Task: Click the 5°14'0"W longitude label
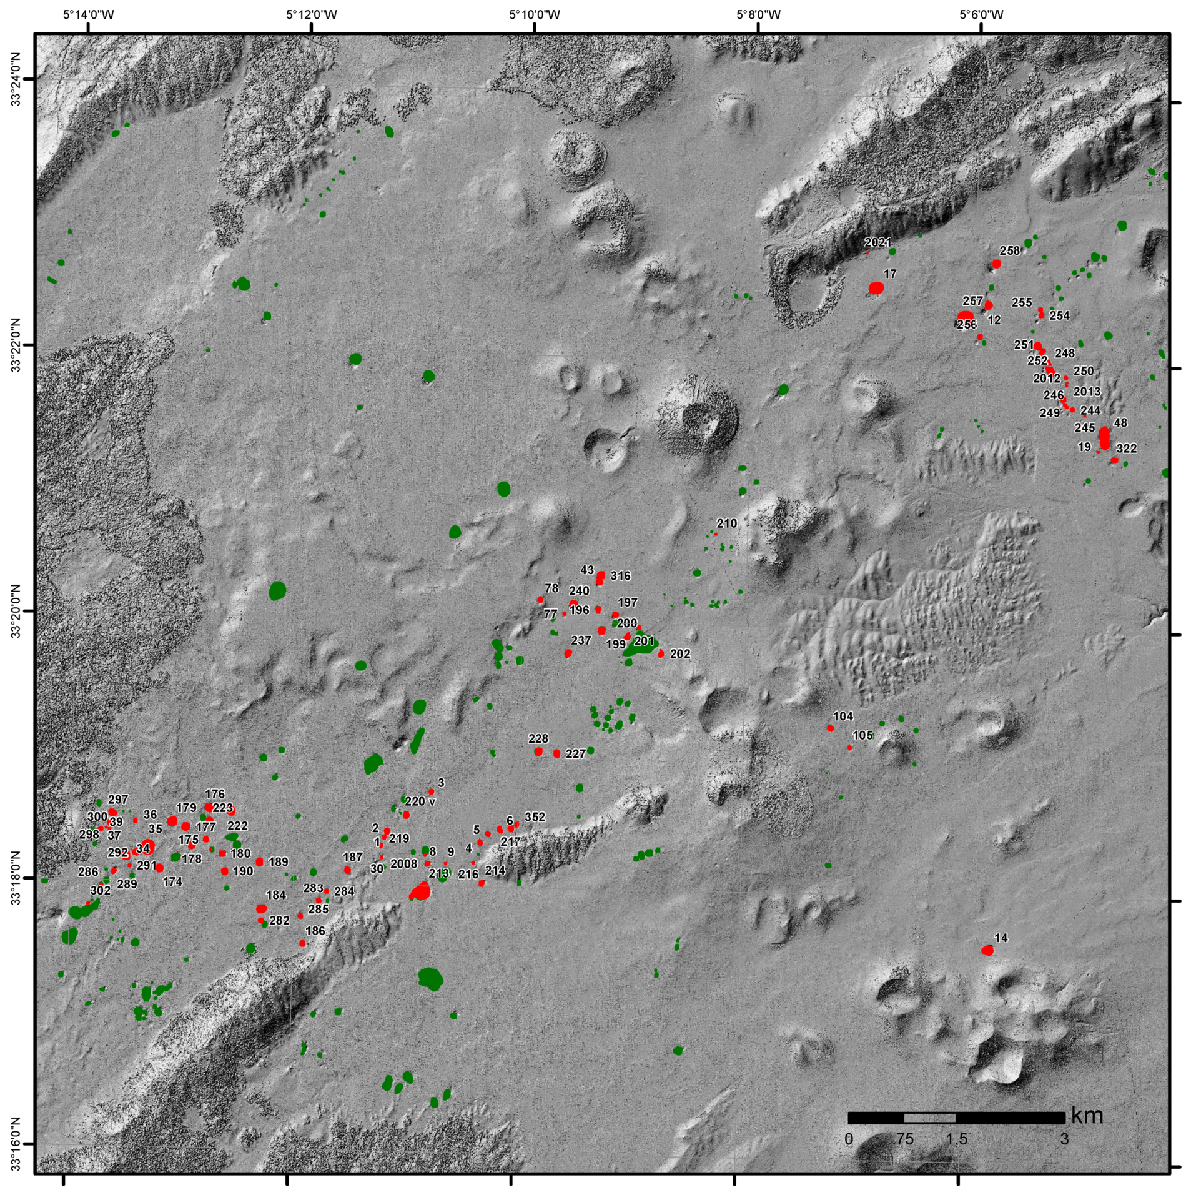coord(88,14)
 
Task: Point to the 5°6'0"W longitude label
coord(981,14)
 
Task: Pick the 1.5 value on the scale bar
coord(956,1139)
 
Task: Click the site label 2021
coord(877,242)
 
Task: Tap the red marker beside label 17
coord(876,288)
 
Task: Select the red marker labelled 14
coord(987,951)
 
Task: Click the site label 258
coord(1009,251)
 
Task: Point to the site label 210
coord(726,523)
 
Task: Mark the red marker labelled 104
coord(830,728)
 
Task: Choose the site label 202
coord(680,654)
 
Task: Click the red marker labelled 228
coord(538,751)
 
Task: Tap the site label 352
coord(535,817)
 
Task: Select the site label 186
coord(315,931)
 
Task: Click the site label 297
coord(118,800)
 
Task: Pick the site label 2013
coord(1087,392)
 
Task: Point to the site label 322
coord(1127,449)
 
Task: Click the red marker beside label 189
coord(259,862)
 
